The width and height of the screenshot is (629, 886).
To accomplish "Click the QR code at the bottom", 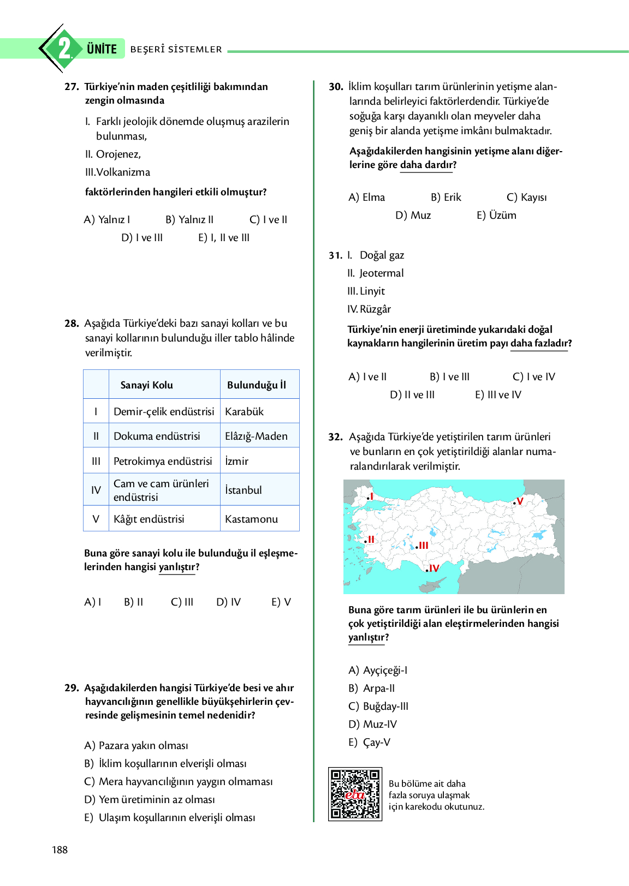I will (x=354, y=794).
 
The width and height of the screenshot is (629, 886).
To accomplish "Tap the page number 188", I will (x=60, y=849).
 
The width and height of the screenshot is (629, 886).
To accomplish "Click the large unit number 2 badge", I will (x=64, y=49).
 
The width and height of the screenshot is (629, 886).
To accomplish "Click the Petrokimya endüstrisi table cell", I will (x=163, y=461).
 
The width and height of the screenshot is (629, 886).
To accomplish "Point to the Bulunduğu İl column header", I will (x=257, y=385).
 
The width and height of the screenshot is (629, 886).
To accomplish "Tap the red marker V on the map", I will (x=519, y=501).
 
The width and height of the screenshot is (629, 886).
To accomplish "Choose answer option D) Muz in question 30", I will (x=413, y=215).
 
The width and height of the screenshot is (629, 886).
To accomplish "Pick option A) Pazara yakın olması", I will (x=136, y=745).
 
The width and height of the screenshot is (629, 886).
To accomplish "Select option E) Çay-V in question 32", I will (x=370, y=742).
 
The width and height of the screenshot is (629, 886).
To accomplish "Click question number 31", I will (x=335, y=255).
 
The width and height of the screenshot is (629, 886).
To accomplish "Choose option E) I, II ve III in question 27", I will (x=224, y=237).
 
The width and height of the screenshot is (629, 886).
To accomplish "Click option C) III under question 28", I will (x=182, y=602).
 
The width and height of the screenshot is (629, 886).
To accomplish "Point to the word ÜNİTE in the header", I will (x=102, y=49).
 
